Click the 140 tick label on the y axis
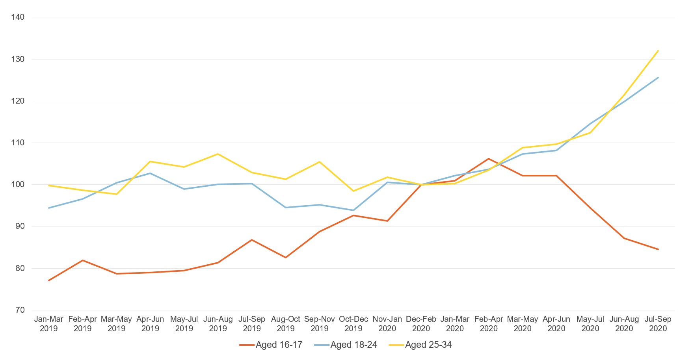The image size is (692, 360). (18, 17)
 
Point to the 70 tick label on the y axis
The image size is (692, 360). (20, 310)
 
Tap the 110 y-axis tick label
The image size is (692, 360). (18, 143)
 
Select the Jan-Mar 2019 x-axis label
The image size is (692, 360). (49, 323)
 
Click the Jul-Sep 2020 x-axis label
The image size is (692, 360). (658, 323)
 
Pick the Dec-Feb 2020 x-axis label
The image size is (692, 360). (421, 323)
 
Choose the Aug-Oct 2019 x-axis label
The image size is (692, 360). (286, 323)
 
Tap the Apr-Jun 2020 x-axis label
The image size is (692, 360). (556, 323)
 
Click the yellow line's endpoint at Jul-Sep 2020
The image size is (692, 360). (658, 51)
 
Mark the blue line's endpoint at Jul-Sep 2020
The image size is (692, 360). (658, 78)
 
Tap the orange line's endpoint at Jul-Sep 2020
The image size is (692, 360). (658, 249)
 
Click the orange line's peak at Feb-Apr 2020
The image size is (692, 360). (489, 159)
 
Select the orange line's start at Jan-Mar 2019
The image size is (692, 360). (49, 280)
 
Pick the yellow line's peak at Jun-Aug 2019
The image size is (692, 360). (218, 154)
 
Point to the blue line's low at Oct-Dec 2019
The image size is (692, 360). (353, 210)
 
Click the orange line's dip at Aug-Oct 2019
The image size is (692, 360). (286, 258)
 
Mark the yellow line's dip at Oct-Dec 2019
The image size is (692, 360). (353, 191)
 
